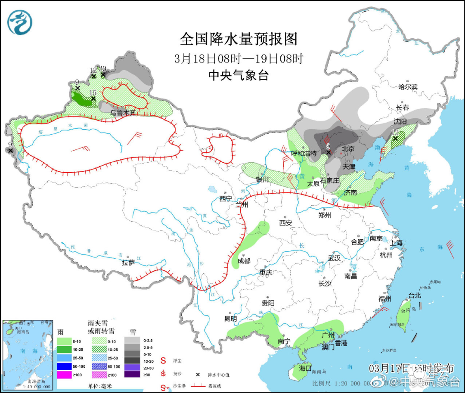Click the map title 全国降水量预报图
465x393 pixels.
239,39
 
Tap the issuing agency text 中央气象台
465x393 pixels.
239,75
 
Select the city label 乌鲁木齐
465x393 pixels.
123,113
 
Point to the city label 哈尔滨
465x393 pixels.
408,87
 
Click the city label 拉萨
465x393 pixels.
128,263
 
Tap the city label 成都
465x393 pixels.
243,261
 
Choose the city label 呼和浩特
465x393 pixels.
304,153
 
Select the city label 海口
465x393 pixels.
305,368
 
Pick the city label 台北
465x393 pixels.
414,296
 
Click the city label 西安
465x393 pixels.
285,223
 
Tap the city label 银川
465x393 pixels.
262,179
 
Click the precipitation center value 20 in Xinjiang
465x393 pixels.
103,69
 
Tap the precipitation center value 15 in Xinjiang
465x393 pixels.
93,93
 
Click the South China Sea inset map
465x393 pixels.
28,355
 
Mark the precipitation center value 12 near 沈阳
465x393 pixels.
396,133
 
